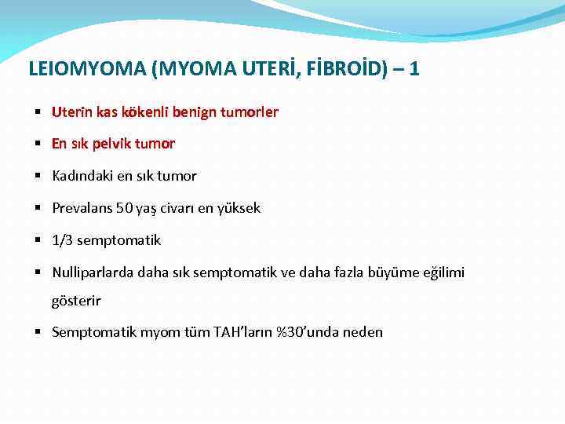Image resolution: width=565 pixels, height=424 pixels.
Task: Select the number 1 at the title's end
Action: [x=414, y=69]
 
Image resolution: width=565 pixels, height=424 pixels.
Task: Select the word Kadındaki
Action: [x=83, y=176]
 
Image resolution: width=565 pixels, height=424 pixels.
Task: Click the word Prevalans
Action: [x=82, y=208]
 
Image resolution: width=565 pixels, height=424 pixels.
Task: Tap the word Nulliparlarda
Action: [x=93, y=272]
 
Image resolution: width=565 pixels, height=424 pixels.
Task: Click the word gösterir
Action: [x=76, y=300]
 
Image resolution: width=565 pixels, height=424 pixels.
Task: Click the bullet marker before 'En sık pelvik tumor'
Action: [x=38, y=144]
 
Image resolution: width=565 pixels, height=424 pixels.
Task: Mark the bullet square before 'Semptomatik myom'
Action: [x=38, y=332]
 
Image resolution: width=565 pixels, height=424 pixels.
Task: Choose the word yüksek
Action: [x=239, y=208]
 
